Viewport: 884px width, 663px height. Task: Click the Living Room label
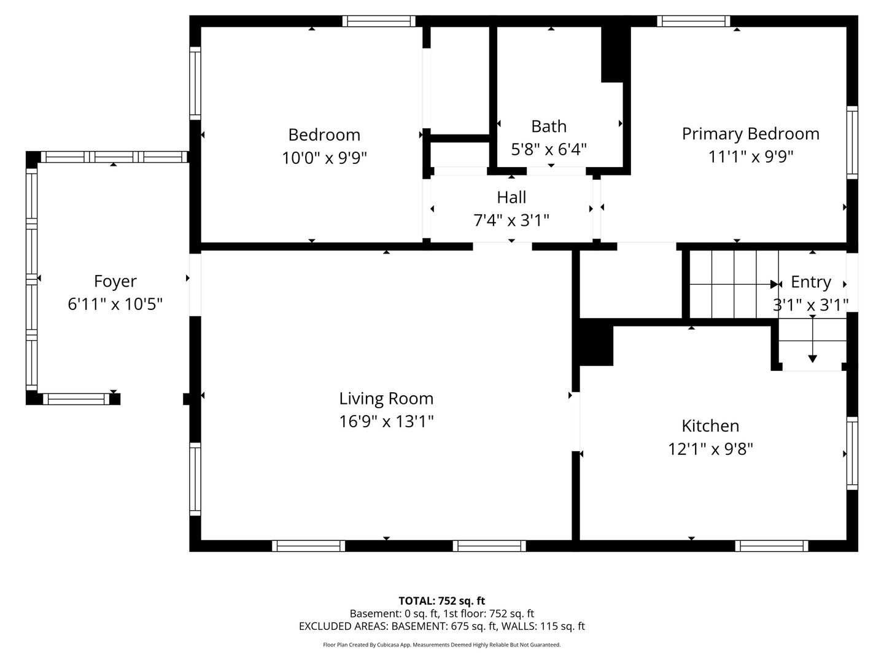pos(386,398)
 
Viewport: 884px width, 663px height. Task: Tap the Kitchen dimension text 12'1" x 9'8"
pos(710,449)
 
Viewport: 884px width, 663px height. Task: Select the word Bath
pos(549,126)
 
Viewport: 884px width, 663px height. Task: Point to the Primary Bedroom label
pos(751,134)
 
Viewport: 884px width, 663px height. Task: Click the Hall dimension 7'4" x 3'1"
pos(511,220)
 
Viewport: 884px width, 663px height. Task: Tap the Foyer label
pos(115,281)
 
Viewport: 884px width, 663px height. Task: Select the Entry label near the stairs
pos(811,282)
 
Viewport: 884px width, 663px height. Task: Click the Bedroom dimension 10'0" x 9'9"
pos(324,158)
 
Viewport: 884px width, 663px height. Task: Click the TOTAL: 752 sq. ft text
pos(442,601)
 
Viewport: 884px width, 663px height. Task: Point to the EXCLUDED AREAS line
pos(442,626)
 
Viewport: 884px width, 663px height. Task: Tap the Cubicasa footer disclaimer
pos(442,645)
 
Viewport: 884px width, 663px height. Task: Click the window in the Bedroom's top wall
pos(379,21)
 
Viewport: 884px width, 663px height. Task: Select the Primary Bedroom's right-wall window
pos(852,142)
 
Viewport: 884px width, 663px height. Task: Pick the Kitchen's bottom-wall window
pos(772,546)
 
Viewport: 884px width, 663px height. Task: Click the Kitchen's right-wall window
pos(852,453)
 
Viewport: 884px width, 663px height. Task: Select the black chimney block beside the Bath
pos(616,55)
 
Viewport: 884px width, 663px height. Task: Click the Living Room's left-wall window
pos(195,479)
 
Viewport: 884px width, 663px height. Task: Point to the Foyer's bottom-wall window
pos(76,399)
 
